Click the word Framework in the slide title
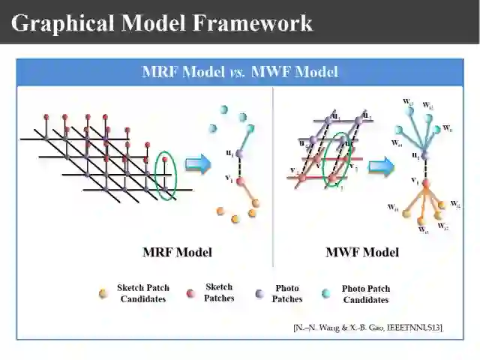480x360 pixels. pos(253,22)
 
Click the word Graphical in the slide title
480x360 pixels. pos(61,22)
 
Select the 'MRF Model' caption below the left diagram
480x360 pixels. pos(177,252)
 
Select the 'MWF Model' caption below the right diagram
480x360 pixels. pos(361,252)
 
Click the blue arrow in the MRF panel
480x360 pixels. pos(198,164)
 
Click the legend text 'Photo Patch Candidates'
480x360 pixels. pos(366,294)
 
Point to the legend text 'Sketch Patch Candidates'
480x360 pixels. pos(143,293)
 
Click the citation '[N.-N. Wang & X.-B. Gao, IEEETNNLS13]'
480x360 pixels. pos(367,327)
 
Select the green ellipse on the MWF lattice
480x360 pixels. pos(337,159)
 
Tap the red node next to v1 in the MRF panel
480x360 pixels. pos(240,181)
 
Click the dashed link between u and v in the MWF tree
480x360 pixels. pos(425,169)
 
